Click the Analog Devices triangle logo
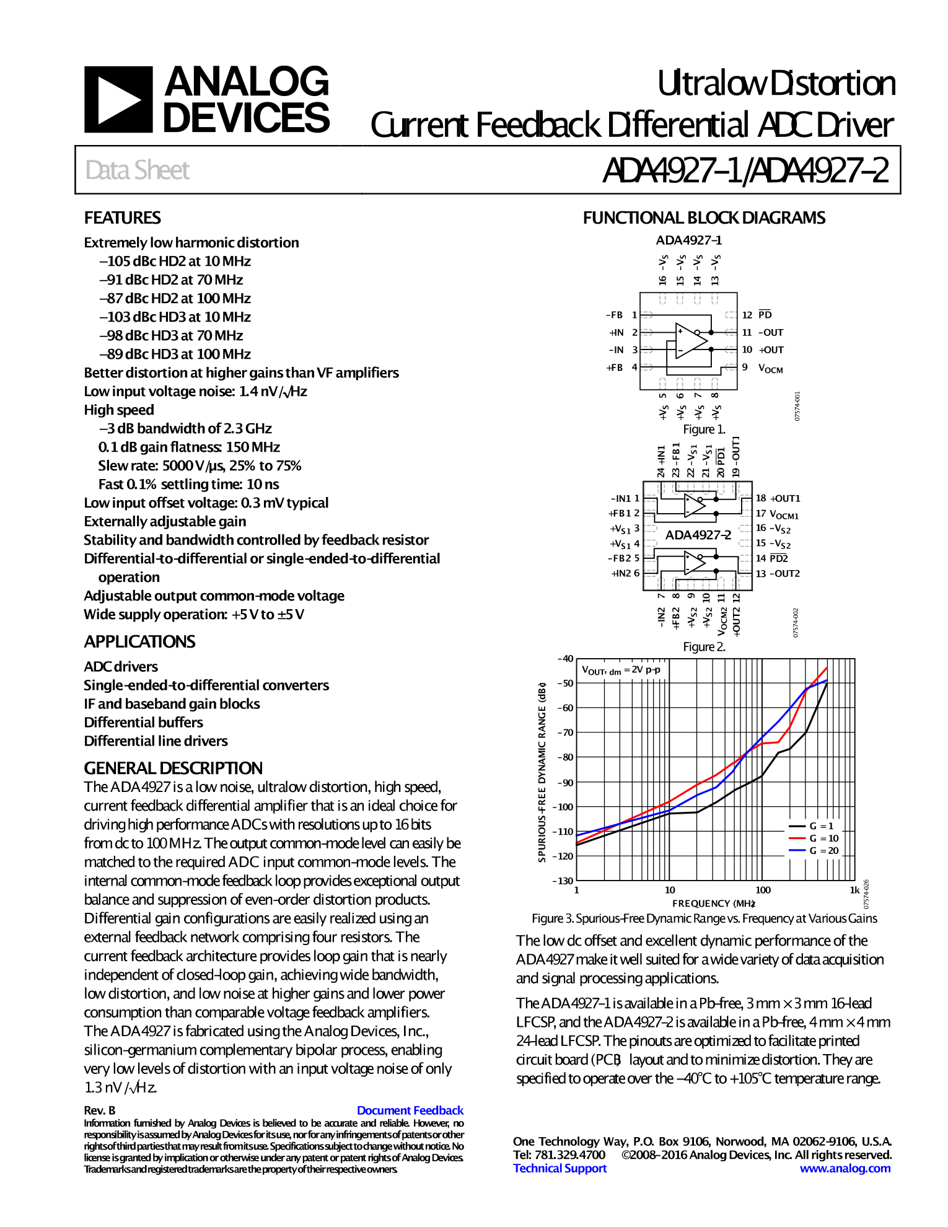118,100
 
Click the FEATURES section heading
122,218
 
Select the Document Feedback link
410,1110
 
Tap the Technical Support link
560,1168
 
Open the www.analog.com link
845,1168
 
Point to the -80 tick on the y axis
565,757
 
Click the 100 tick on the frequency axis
763,891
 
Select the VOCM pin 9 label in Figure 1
770,368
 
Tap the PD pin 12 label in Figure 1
765,315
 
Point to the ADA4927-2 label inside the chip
698,535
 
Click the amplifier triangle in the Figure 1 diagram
690,340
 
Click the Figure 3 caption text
704,918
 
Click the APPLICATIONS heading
139,642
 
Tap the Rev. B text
100,1110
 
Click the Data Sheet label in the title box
138,170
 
